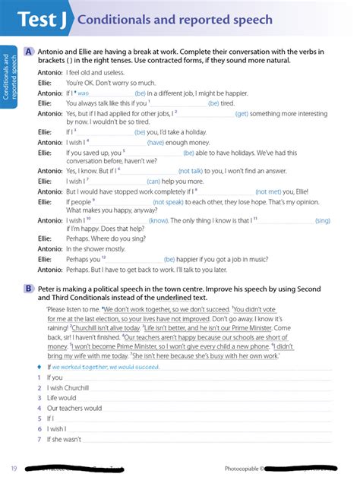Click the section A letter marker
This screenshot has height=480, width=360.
click(28, 52)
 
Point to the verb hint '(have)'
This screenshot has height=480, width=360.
click(156, 141)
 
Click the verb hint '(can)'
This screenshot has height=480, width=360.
click(153, 181)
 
